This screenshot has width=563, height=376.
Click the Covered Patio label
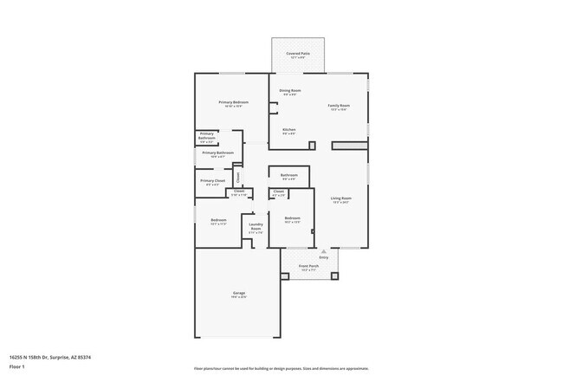coord(299,54)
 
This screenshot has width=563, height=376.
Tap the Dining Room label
coord(290,90)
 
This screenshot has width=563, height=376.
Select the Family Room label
coord(339,106)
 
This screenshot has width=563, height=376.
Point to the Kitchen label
coord(289,130)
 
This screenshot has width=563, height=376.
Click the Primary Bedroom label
coord(234,102)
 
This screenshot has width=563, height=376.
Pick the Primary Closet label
coord(213,181)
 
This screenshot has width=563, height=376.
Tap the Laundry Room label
coord(256,229)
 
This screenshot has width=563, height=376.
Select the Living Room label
coord(340,198)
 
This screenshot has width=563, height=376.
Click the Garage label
coord(238,293)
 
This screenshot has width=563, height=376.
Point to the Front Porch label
coord(309,265)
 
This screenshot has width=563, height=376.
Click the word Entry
coord(324,257)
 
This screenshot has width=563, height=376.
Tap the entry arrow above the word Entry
coord(324,251)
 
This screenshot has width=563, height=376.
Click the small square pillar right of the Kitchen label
coord(312,145)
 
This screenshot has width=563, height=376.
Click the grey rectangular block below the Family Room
coord(349,146)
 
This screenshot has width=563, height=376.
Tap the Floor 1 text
coord(16,366)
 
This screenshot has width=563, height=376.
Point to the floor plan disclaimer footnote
coord(281,368)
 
